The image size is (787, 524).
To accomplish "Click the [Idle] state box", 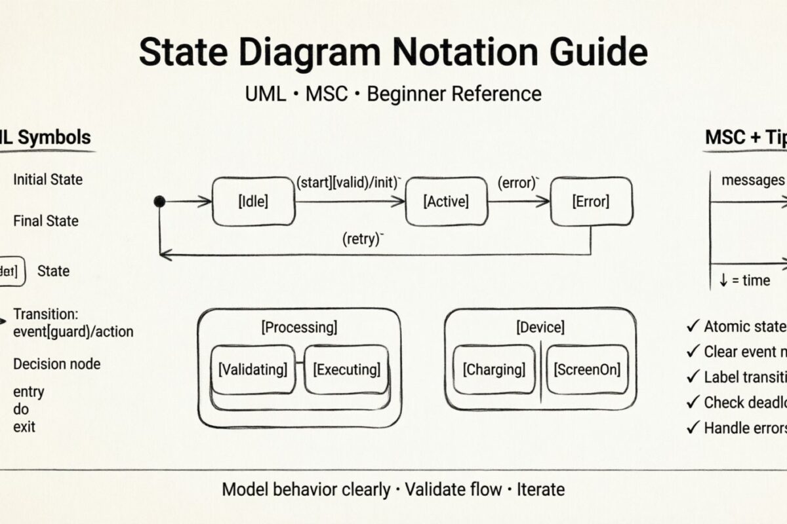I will point(253,202).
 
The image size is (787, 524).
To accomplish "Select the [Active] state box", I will point(447,202).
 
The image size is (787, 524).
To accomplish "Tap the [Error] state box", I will point(591,202).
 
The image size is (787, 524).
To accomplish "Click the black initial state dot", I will point(159,202).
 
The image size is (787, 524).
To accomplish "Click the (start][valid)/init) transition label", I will point(349,183).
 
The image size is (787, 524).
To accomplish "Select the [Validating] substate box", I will point(252,369).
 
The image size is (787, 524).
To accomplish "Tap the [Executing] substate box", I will point(347,369).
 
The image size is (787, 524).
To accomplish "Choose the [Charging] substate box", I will point(494,369).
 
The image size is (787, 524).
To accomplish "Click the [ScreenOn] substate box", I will point(587,369).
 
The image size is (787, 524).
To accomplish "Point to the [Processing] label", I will point(299,327).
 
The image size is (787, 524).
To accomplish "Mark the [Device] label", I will point(540,327).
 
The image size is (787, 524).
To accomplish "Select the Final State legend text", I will point(46,221).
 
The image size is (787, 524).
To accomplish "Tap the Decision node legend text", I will point(57,364).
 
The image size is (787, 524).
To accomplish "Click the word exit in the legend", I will point(24,427).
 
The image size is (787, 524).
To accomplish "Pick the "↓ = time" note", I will point(744,280).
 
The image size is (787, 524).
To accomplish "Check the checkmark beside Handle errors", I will point(693,428).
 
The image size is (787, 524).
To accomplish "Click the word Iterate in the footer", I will point(540,489).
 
